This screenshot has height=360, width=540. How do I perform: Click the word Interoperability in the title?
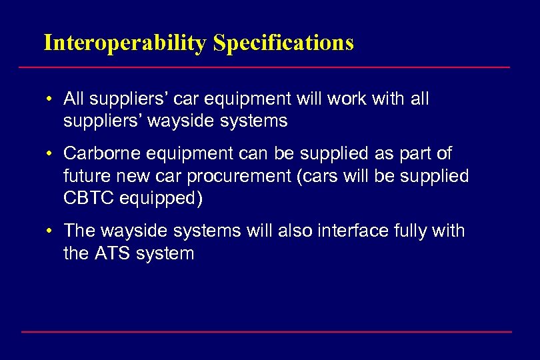(125, 43)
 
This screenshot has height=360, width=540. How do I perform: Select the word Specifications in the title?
(283, 43)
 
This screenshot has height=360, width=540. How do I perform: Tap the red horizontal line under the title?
(264, 67)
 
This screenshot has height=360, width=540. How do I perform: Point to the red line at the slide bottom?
(267, 331)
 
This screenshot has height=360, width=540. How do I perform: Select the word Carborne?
(97, 154)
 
